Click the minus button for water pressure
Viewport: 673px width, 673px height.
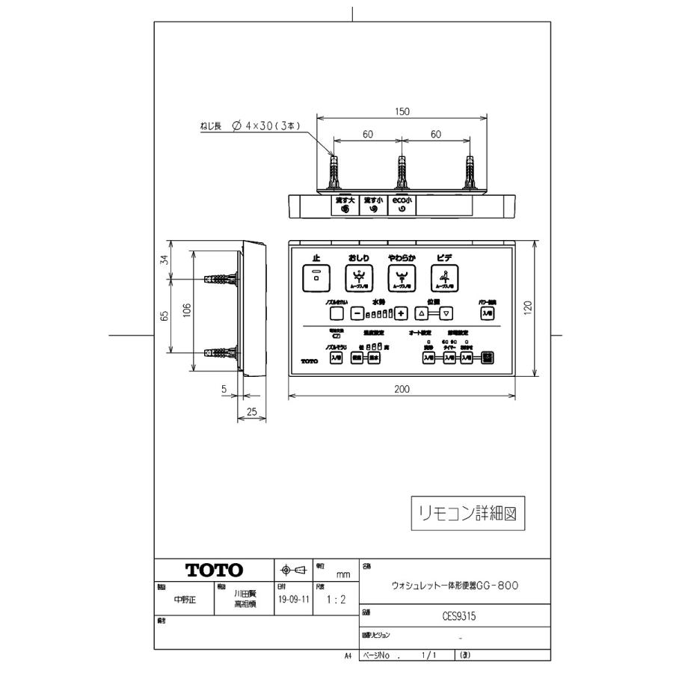(357, 314)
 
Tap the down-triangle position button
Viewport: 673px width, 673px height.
(446, 314)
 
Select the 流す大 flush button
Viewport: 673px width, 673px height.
(345, 205)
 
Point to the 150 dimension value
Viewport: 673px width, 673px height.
(402, 111)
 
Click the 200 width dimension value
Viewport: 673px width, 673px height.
(402, 390)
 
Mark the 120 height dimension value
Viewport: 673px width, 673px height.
(529, 307)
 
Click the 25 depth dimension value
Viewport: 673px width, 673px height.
(252, 412)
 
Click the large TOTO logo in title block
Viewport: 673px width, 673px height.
(215, 571)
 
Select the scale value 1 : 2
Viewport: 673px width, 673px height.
(330, 600)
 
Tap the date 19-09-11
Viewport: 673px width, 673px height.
(293, 600)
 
